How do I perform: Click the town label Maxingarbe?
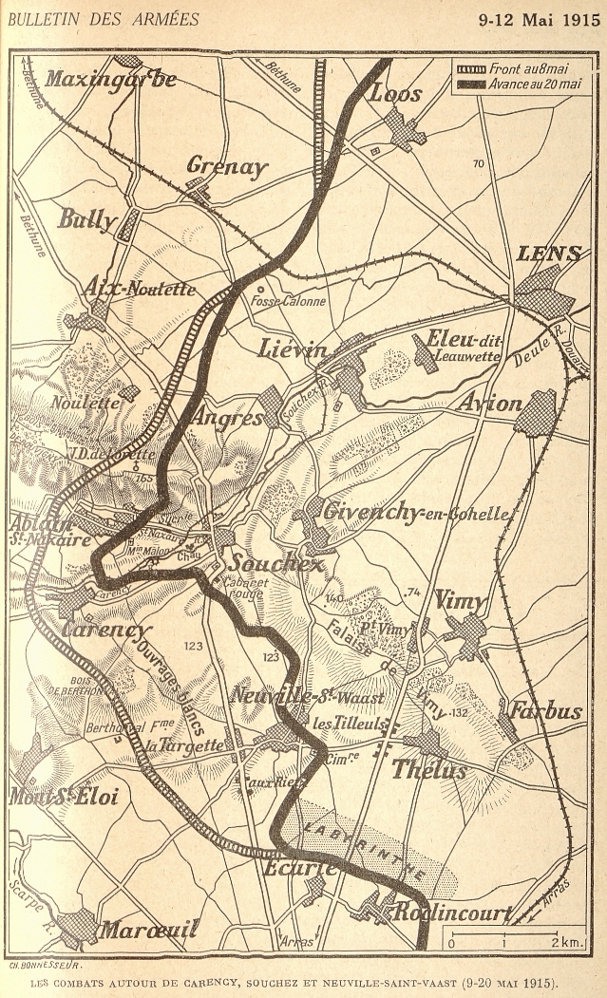(110, 79)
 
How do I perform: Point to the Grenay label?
(227, 166)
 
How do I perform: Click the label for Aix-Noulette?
(140, 288)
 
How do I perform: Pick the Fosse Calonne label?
(288, 301)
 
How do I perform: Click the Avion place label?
(489, 404)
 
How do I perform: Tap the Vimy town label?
(460, 600)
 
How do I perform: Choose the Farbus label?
(545, 709)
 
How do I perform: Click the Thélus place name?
(429, 769)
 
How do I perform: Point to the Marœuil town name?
(149, 928)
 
